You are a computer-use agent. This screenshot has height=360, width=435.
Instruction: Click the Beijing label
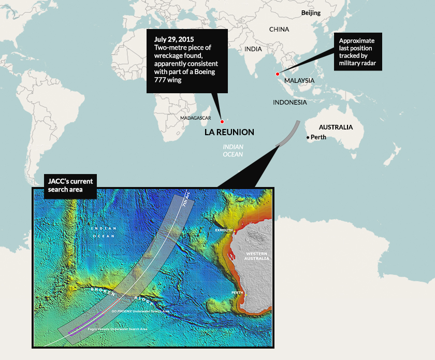(x=311, y=12)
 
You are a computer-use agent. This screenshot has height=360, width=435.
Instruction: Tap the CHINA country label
(x=279, y=30)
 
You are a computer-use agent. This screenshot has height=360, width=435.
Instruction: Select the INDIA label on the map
(x=253, y=49)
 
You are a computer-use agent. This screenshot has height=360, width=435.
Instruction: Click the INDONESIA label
(x=290, y=103)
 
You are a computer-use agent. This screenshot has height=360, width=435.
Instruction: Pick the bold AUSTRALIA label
(x=336, y=127)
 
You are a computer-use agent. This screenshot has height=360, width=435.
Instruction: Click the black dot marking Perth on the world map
(x=308, y=137)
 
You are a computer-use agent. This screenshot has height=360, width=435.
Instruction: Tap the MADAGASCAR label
(x=196, y=118)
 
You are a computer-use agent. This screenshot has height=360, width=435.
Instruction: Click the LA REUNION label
(x=229, y=133)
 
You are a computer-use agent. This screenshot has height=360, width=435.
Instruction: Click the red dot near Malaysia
(x=278, y=74)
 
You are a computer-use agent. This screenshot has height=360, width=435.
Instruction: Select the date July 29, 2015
(x=173, y=39)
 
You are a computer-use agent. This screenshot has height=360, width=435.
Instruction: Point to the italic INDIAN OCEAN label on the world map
(x=233, y=151)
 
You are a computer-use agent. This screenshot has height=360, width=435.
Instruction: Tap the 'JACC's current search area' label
(x=64, y=185)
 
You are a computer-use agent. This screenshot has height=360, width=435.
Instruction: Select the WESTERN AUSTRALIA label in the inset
(x=257, y=255)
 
